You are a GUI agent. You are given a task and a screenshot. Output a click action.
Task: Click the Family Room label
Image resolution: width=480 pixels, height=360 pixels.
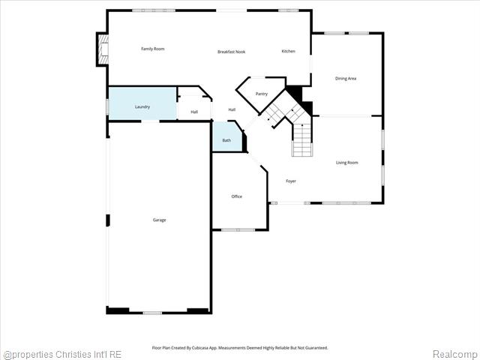point(153,49)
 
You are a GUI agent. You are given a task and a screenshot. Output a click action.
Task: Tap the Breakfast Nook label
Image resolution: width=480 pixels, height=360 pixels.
point(231,52)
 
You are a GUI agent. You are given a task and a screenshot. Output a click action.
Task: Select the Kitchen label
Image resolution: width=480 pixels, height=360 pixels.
point(288,51)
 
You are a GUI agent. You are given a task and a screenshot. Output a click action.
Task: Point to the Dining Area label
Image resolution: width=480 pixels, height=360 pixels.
point(346,78)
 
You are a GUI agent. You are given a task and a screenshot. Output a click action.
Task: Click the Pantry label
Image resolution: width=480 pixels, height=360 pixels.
point(261,94)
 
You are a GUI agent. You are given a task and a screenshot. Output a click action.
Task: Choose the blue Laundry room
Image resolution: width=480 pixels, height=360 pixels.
point(142,106)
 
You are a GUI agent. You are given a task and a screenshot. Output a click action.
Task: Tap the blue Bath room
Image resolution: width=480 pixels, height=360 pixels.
point(226,139)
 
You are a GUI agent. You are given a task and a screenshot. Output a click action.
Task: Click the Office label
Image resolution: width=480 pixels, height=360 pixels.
point(236,196)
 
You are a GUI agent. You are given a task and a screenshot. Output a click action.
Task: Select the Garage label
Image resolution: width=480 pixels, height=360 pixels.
point(159,220)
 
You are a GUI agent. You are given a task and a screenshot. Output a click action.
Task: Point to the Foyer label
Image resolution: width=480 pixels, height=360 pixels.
point(291,181)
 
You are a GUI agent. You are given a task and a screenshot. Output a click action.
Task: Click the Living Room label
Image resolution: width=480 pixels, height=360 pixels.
point(346,163)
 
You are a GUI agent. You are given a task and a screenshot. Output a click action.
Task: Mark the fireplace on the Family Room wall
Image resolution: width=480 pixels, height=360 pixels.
point(102,49)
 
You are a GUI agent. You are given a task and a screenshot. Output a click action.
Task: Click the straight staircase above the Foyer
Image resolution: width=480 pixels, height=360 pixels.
point(301,139)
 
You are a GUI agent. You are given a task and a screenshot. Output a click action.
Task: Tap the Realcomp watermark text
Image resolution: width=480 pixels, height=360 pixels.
point(454,354)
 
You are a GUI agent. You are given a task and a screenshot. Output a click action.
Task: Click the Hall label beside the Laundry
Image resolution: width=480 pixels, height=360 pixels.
point(194,112)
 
